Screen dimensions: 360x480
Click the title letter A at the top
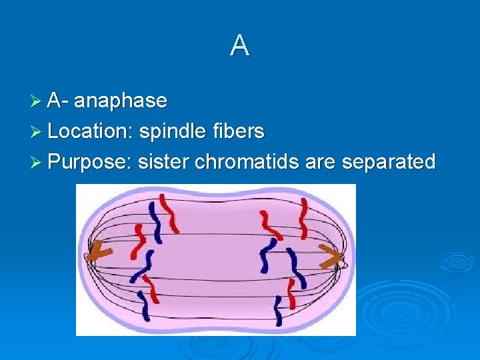pyautogui.click(x=240, y=45)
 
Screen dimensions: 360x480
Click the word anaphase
pyautogui.click(x=121, y=101)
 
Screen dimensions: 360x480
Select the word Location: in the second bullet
pyautogui.click(x=90, y=131)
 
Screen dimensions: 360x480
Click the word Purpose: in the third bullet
pyautogui.click(x=90, y=162)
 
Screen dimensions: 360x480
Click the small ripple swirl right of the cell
pyautogui.click(x=457, y=261)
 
